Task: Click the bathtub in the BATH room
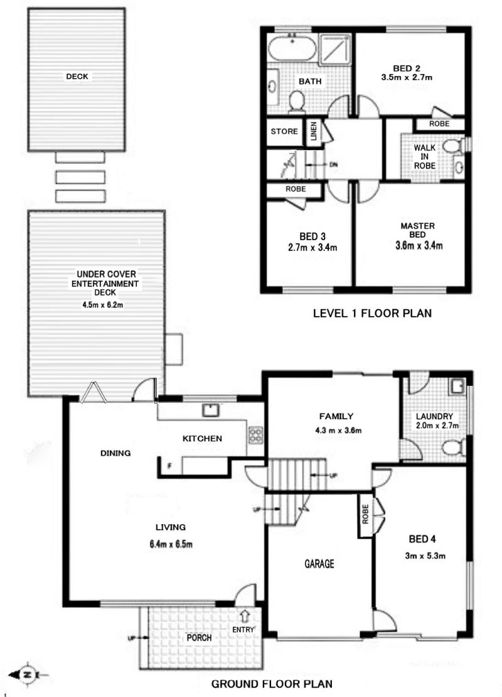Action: pyautogui.click(x=292, y=48)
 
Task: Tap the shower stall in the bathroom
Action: pyautogui.click(x=335, y=48)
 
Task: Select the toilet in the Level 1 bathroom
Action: pyautogui.click(x=296, y=101)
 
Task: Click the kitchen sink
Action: pyautogui.click(x=211, y=410)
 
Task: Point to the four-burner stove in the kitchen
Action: pyautogui.click(x=255, y=435)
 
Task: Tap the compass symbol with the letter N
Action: pyautogui.click(x=28, y=674)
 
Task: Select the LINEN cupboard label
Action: pyautogui.click(x=314, y=131)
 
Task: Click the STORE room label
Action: pyautogui.click(x=284, y=131)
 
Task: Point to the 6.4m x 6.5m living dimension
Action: pyautogui.click(x=171, y=544)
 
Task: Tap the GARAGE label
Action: pyautogui.click(x=319, y=564)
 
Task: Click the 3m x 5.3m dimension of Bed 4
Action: pyautogui.click(x=425, y=556)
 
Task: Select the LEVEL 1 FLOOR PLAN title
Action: pyautogui.click(x=372, y=314)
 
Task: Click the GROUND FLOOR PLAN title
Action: pyautogui.click(x=272, y=684)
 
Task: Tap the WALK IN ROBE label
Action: pyautogui.click(x=425, y=156)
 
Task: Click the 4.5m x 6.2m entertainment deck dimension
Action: pyautogui.click(x=102, y=305)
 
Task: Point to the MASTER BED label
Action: pyautogui.click(x=418, y=230)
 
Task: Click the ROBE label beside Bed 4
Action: pyautogui.click(x=365, y=514)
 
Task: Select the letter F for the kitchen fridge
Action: pyautogui.click(x=169, y=466)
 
